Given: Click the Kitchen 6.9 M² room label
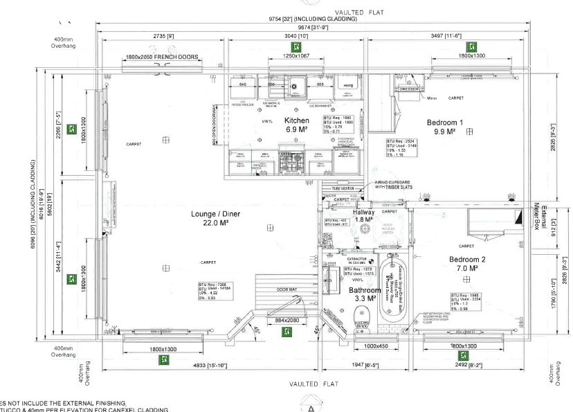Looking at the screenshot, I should [x=297, y=125].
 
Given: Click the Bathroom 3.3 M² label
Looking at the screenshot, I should [x=365, y=294].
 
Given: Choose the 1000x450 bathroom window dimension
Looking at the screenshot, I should [x=377, y=346].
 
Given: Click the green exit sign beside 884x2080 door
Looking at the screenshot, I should [x=285, y=332].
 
